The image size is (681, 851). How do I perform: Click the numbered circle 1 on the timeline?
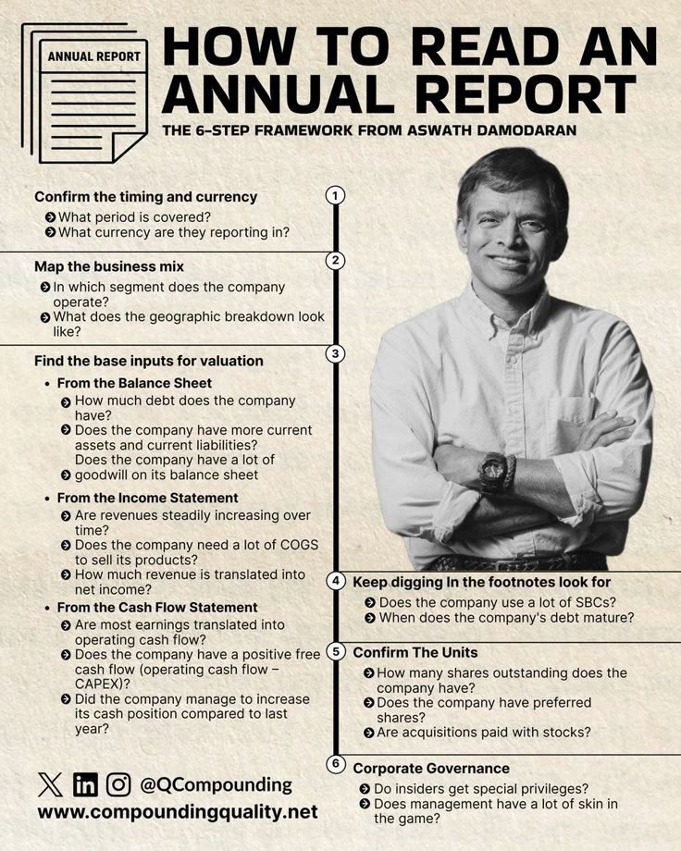point(335,195)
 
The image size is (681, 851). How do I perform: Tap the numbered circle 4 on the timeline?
point(336,581)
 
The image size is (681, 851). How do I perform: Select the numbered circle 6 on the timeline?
point(336,764)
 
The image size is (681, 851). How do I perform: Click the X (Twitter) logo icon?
point(52,784)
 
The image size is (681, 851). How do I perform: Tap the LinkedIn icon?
point(85,784)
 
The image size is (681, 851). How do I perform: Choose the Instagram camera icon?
point(118,784)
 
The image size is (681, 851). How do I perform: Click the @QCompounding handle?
point(216,784)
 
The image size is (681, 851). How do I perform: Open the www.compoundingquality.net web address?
point(178,812)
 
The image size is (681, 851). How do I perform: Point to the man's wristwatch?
point(493,470)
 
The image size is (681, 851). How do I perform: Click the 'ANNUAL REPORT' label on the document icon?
point(94,55)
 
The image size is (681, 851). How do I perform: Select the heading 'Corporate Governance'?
point(430,768)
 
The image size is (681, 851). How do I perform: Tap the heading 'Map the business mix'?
point(109,266)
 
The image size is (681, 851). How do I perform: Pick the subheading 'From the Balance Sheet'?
point(134,382)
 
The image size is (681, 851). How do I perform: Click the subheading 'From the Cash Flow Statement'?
point(157,607)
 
